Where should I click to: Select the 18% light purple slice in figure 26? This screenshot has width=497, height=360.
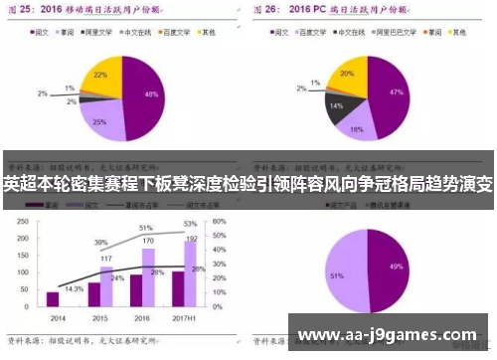click(356, 125)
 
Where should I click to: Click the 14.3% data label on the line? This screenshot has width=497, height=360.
click(74, 288)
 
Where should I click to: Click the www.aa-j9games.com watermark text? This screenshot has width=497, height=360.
click(388, 334)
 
